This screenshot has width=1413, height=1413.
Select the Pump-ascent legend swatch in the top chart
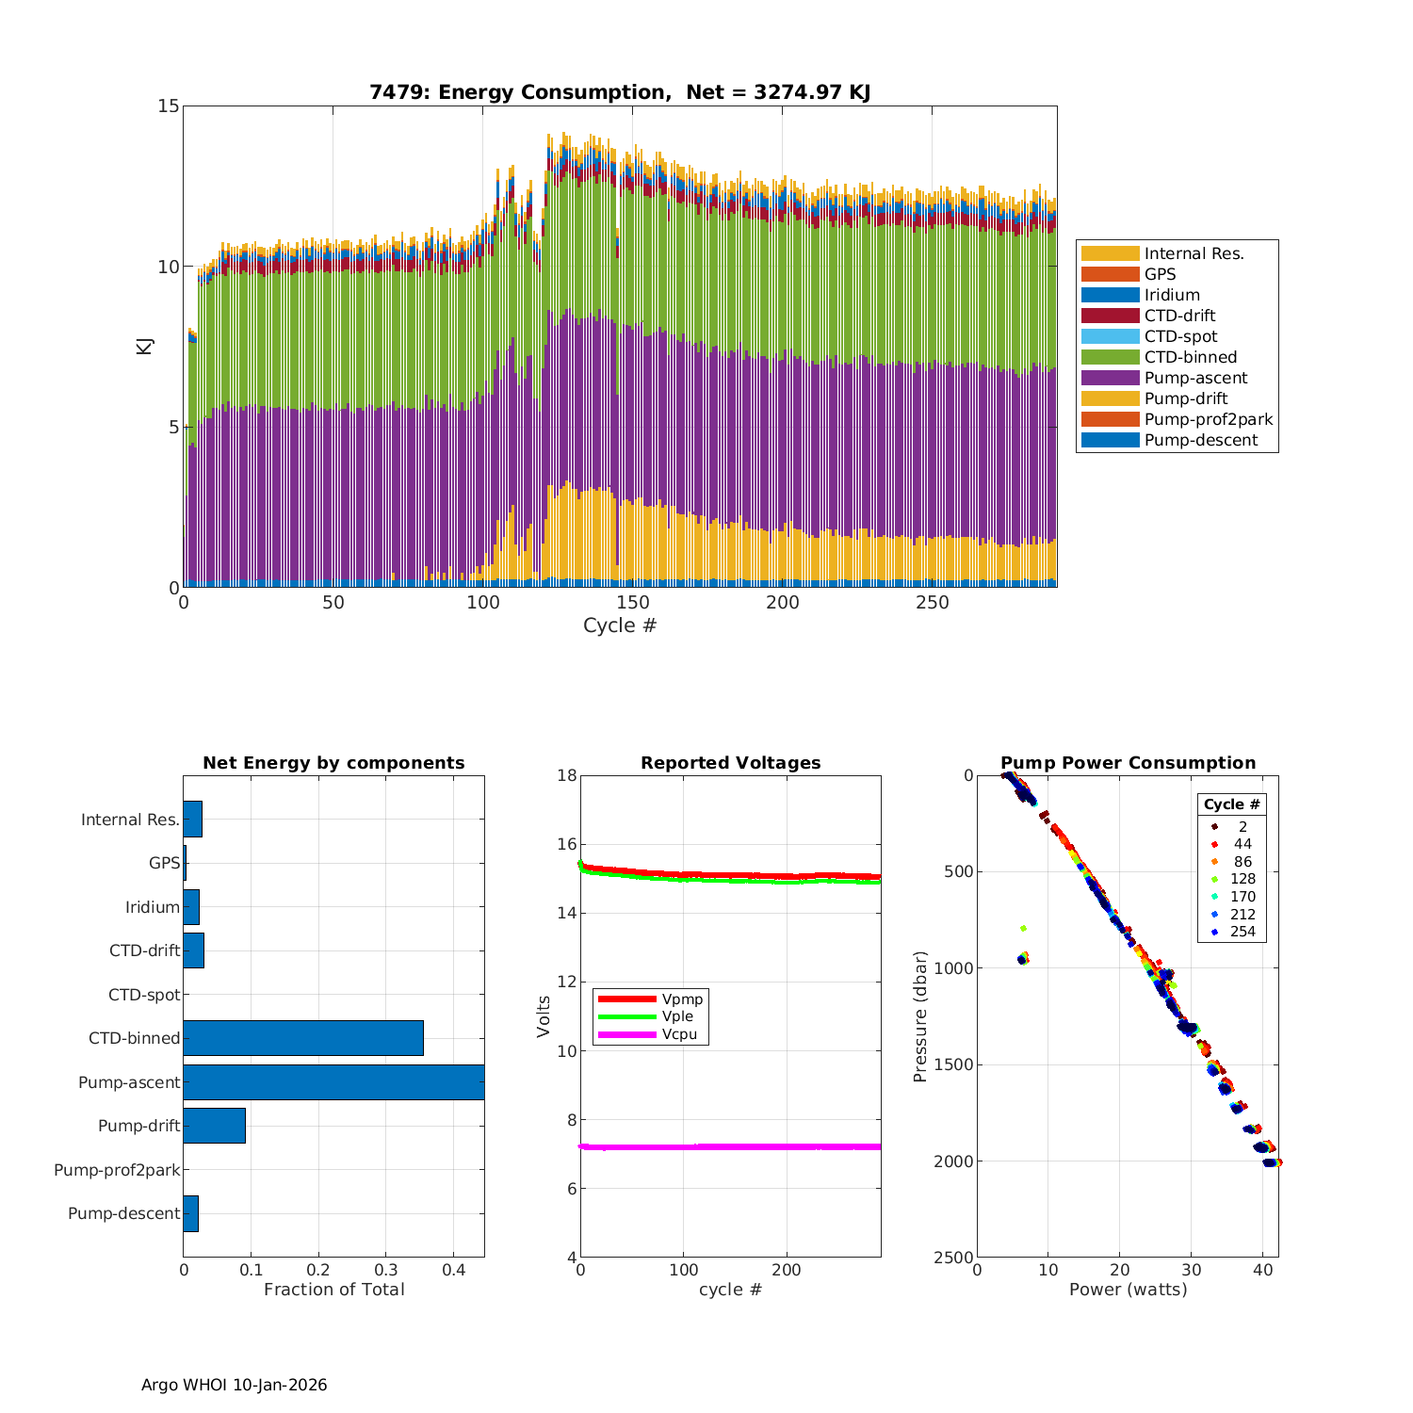tap(1110, 378)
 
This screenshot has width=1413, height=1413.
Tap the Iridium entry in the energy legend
tap(1172, 295)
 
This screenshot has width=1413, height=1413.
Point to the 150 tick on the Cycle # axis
tap(633, 603)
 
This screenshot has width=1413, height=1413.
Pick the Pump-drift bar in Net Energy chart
tap(215, 1126)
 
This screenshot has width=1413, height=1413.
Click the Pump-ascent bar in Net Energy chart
tap(333, 1081)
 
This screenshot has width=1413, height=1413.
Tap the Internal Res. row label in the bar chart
tap(130, 820)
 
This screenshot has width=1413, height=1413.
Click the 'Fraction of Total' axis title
tap(333, 1289)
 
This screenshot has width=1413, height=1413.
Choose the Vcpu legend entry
tap(677, 1034)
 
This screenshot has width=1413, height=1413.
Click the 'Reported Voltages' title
tap(730, 763)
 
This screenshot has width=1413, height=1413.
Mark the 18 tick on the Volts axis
tap(567, 775)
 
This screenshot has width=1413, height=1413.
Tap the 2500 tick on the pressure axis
tap(954, 1258)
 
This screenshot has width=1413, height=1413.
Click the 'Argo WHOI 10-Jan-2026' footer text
tap(235, 1385)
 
